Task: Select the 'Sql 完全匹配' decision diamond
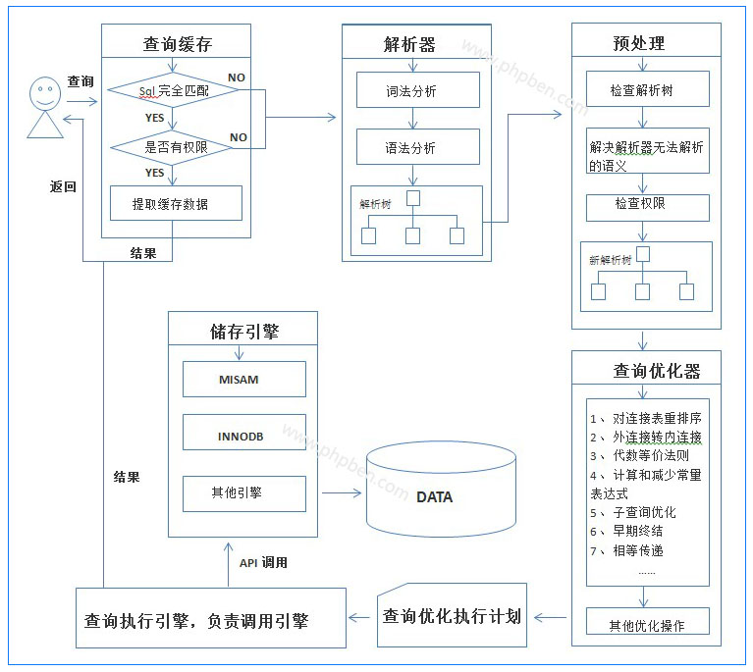(x=173, y=91)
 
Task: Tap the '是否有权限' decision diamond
(x=173, y=147)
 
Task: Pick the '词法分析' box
(x=417, y=90)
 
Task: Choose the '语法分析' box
(x=417, y=147)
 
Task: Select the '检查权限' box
(x=646, y=204)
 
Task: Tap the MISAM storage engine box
(x=244, y=379)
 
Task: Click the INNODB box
(x=244, y=435)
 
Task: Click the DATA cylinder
(x=435, y=496)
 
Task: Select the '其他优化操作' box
(x=646, y=625)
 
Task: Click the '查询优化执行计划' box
(x=452, y=617)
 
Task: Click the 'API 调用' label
(x=263, y=563)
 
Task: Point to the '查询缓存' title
(x=176, y=43)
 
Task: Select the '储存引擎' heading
(x=244, y=331)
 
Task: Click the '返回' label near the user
(x=64, y=186)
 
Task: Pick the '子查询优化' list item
(x=644, y=512)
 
